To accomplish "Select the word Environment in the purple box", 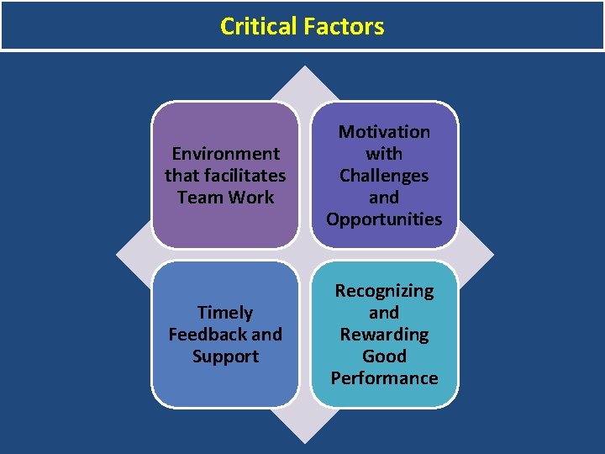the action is [225, 154].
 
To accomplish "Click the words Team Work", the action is [225, 198].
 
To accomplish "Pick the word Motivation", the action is [384, 132].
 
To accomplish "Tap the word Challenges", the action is [384, 176].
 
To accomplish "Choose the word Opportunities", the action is [384, 219].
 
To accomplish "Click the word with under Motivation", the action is [384, 154].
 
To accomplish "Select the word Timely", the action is [225, 313].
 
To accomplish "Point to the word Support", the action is [225, 356].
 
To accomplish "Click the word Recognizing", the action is [384, 291].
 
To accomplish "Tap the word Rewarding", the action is [384, 335].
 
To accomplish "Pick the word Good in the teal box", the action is [384, 356].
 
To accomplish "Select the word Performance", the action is [384, 378].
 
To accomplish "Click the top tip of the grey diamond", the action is [304, 68].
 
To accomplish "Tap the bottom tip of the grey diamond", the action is [304, 442].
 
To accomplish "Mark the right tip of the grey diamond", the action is [492, 255].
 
